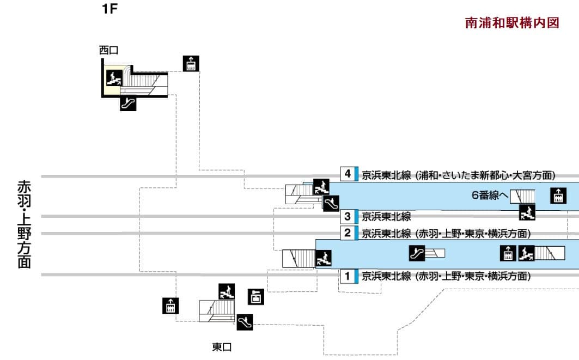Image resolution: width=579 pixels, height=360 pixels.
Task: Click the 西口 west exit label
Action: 108,50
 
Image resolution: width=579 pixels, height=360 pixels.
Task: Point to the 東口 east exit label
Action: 222,347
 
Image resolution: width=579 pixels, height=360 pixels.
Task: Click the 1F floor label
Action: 110,9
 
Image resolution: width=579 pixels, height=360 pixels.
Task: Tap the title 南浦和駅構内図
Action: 512,23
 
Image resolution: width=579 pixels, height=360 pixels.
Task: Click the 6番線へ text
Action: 490,195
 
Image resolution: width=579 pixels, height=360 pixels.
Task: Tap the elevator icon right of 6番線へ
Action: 558,195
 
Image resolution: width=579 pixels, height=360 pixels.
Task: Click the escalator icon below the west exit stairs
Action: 128,103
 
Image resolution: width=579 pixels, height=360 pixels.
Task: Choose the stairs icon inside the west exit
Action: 114,78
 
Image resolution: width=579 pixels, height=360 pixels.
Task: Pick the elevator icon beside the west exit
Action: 191,63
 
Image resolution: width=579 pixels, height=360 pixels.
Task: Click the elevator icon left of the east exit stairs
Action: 170,306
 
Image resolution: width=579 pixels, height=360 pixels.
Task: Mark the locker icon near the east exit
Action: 256,296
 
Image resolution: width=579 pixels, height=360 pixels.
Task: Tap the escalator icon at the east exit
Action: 245,322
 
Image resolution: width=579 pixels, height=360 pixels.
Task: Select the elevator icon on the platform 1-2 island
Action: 508,253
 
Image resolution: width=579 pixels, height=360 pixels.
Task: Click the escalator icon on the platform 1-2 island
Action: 417,253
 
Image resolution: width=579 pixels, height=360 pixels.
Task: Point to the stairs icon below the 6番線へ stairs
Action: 527,213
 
